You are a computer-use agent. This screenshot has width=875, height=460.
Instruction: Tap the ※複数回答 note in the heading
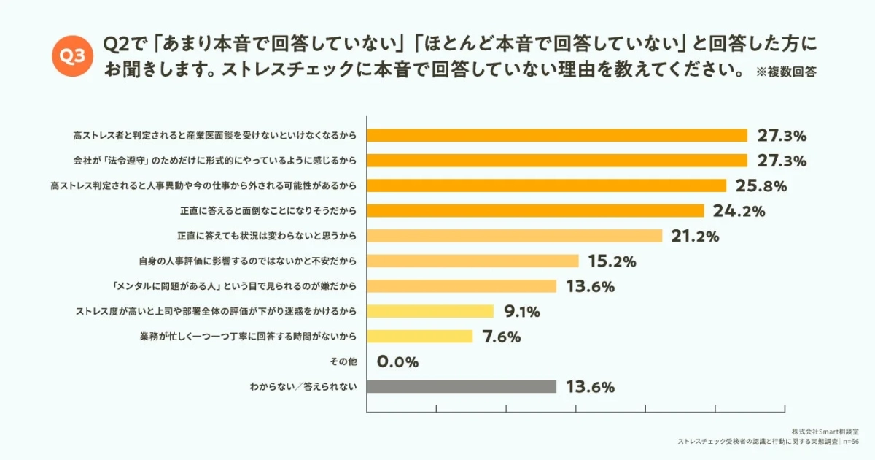[786, 72]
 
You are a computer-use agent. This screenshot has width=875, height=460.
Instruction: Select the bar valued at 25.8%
[546, 185]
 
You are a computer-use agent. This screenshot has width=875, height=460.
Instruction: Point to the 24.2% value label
[739, 211]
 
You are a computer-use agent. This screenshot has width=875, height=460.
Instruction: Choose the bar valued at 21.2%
[514, 236]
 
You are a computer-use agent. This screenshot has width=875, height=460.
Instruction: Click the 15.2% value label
[612, 261]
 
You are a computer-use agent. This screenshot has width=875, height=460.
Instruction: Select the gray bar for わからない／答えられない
[462, 386]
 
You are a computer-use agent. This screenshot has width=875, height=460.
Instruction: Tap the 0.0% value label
[397, 361]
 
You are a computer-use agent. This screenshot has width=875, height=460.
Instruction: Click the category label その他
[344, 361]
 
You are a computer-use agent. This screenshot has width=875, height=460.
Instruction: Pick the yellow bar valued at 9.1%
[430, 311]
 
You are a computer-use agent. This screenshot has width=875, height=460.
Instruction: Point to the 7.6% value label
[501, 337]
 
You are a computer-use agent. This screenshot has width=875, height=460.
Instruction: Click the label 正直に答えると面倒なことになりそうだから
[268, 211]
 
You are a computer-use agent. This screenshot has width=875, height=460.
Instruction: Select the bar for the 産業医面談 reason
[557, 135]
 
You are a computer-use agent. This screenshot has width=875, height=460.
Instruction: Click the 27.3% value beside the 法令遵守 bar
[781, 161]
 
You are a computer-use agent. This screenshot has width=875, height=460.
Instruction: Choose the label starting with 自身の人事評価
[247, 261]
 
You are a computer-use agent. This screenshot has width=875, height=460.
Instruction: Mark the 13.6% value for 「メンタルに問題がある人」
[590, 286]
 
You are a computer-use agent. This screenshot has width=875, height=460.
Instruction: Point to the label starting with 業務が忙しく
[247, 337]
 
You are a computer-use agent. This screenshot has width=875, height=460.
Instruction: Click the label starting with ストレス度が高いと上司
[216, 311]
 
